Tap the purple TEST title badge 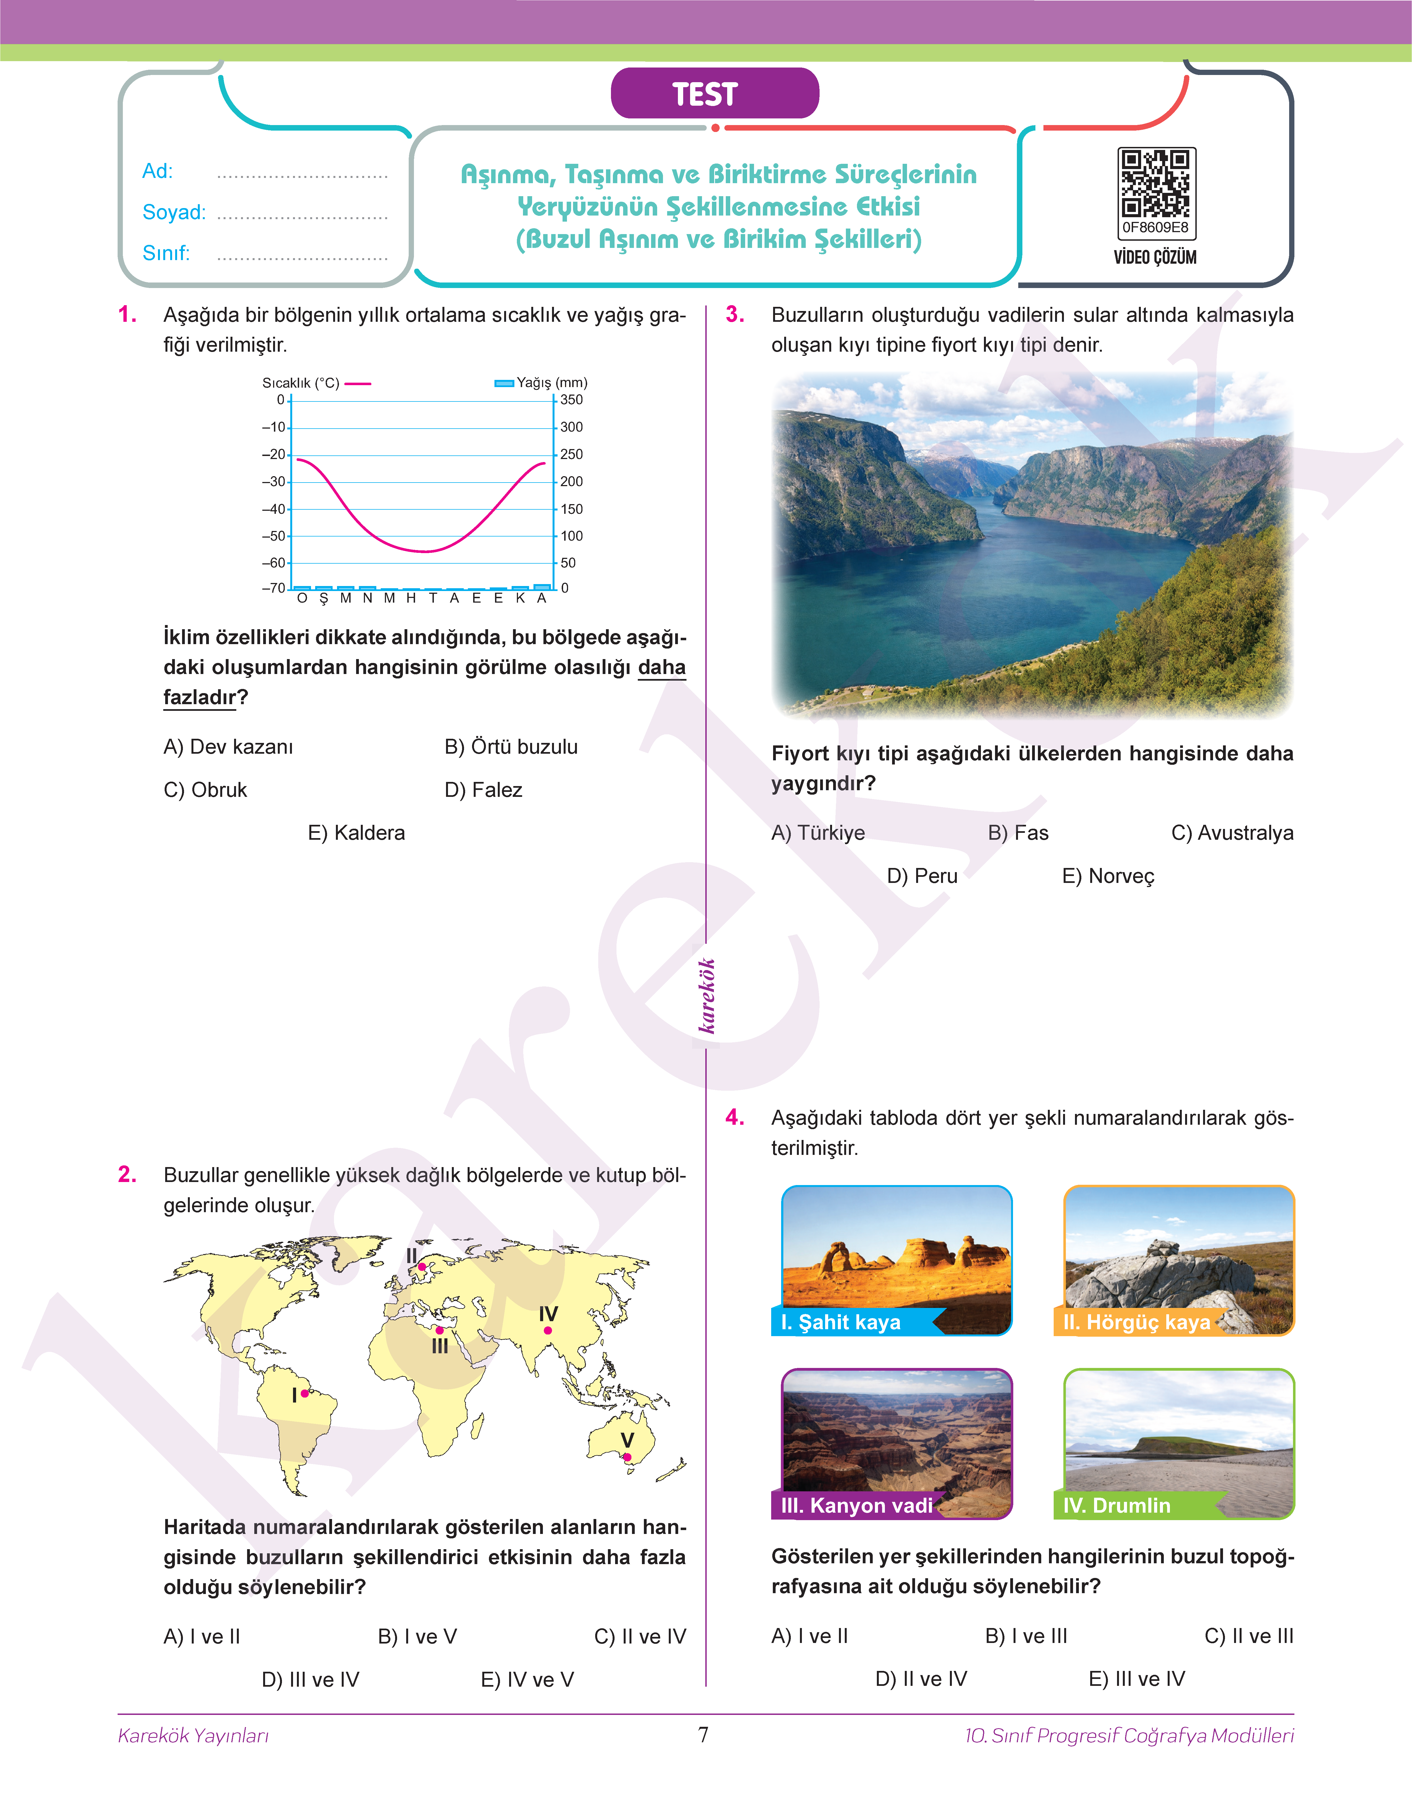(x=714, y=94)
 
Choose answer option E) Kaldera (x=356, y=833)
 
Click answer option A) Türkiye (x=818, y=833)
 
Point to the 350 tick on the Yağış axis (x=571, y=400)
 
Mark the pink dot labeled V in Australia (x=628, y=1457)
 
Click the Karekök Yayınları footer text (x=193, y=1735)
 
